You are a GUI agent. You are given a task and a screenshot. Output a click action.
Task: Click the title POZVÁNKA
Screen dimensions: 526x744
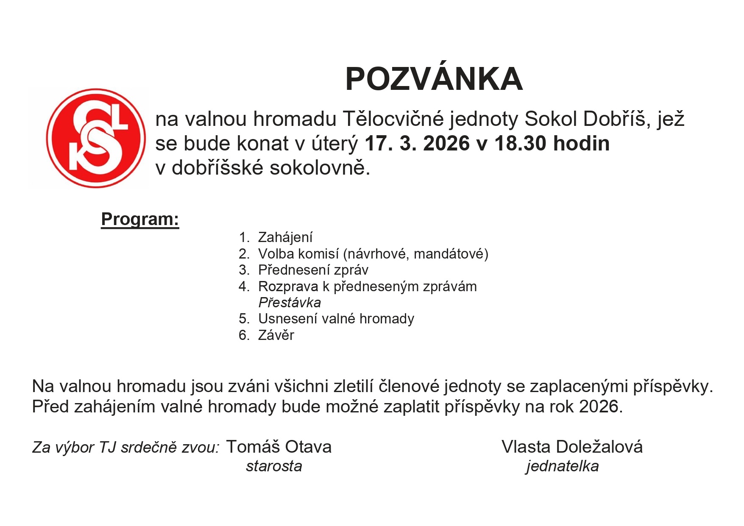434,80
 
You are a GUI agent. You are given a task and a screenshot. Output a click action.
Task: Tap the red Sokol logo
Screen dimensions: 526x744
96,138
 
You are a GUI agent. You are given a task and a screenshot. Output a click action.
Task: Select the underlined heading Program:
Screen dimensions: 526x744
140,220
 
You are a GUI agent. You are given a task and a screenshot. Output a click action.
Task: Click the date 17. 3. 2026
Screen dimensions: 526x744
417,144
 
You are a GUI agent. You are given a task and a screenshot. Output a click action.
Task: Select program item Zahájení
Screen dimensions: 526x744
285,237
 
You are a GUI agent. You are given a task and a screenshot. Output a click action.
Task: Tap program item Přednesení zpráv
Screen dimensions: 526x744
313,270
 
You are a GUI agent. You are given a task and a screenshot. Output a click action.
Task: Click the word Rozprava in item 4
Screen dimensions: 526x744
288,287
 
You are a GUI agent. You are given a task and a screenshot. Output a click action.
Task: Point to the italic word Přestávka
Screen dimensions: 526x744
290,303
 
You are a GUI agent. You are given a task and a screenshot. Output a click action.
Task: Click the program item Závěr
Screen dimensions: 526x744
276,335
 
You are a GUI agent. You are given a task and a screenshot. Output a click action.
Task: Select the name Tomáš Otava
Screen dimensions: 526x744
279,447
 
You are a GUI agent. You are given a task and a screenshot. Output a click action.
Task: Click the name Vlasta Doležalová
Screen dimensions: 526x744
572,447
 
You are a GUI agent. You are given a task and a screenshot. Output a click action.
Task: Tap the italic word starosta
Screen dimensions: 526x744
274,466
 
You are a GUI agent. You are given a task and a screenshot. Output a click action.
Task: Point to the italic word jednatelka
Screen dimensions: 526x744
562,466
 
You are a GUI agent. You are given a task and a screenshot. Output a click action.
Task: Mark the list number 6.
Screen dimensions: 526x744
244,335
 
